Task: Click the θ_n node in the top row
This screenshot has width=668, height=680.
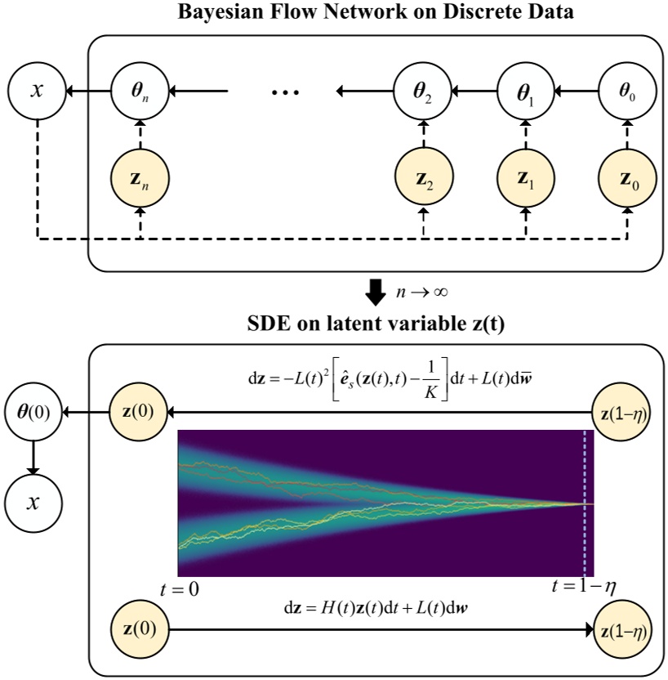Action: [141, 91]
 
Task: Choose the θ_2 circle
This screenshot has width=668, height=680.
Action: [423, 91]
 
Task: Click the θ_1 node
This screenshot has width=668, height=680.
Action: [526, 91]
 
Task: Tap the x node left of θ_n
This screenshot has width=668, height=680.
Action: [36, 91]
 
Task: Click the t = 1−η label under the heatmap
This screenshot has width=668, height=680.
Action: [582, 588]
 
